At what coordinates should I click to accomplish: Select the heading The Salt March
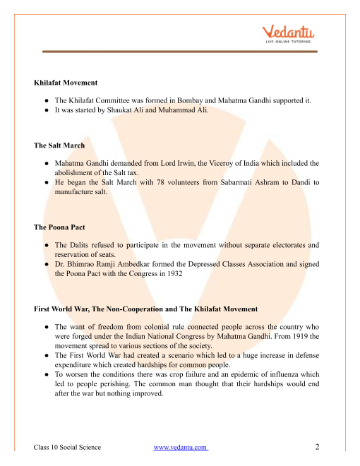coord(60,145)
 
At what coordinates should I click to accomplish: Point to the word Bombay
coord(188,100)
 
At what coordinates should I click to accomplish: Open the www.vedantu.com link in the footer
coord(180,447)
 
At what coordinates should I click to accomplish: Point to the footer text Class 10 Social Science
coord(68,447)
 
